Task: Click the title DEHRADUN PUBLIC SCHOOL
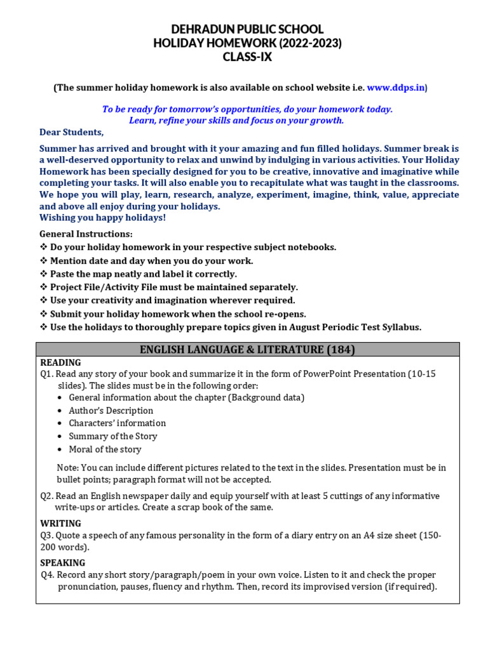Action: click(247, 29)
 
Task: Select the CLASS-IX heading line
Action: click(247, 57)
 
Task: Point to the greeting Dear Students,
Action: click(71, 132)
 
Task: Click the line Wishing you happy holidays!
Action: click(102, 218)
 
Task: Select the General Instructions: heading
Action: click(86, 234)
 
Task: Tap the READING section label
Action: click(60, 362)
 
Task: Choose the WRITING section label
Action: click(61, 523)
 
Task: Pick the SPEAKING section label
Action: click(63, 562)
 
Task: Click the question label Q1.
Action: click(47, 374)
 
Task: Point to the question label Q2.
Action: click(47, 496)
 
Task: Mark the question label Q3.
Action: click(47, 536)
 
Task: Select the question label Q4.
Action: click(47, 575)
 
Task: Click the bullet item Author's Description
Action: click(111, 410)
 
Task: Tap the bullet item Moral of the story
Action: click(105, 449)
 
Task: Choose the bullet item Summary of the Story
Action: click(112, 436)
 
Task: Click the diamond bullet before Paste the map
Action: click(43, 274)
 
